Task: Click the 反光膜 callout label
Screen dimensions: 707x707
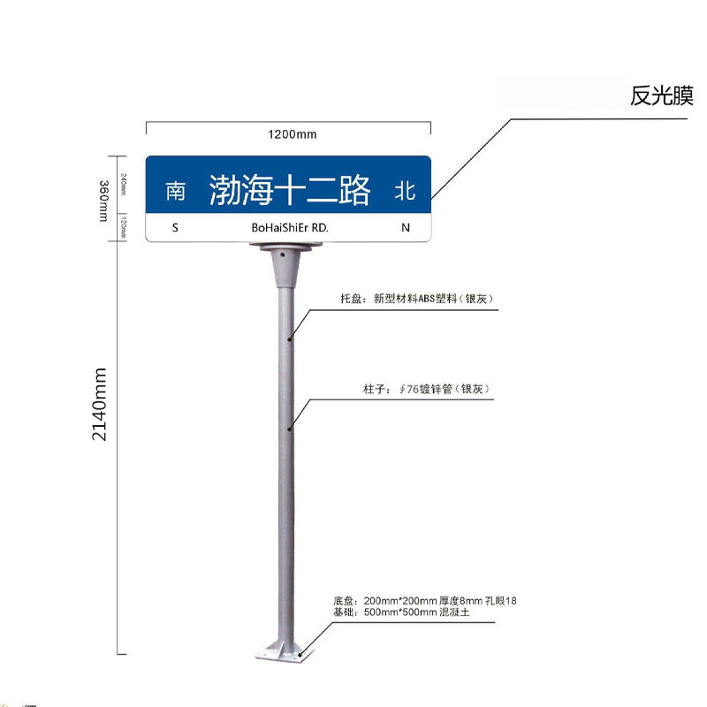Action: (661, 96)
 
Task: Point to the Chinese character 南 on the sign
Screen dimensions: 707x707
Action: (176, 190)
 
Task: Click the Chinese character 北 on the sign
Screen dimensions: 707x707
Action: (405, 190)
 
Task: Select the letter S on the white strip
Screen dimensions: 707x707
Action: (175, 228)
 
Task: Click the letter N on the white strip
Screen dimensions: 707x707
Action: (406, 228)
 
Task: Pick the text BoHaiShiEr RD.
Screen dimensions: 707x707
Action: (290, 228)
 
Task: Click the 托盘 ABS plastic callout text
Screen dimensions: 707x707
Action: (415, 300)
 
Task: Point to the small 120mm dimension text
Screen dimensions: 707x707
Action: (123, 227)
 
